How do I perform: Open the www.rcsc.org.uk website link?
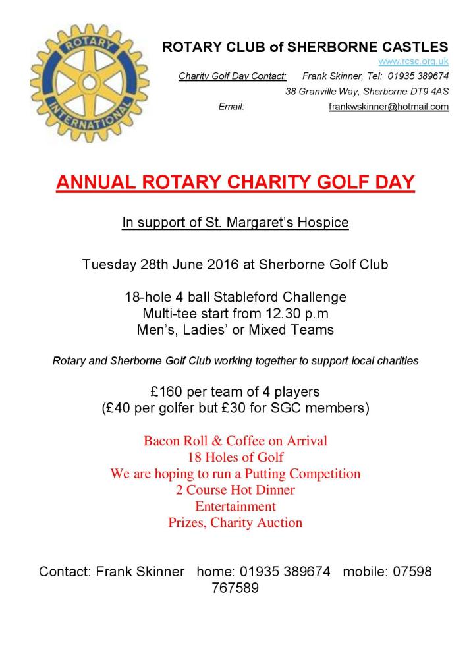coord(413,61)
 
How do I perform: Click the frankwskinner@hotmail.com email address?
coord(389,106)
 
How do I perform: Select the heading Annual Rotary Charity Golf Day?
coord(235,182)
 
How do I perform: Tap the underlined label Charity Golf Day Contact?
coord(233,76)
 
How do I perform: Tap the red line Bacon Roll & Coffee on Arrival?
coord(235,441)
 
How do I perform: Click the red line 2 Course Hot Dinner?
coord(235,490)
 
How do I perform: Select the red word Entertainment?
coord(235,507)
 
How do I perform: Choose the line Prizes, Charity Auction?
coord(235,523)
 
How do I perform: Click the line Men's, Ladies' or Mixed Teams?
coord(235,330)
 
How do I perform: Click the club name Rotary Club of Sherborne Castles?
coord(305,47)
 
